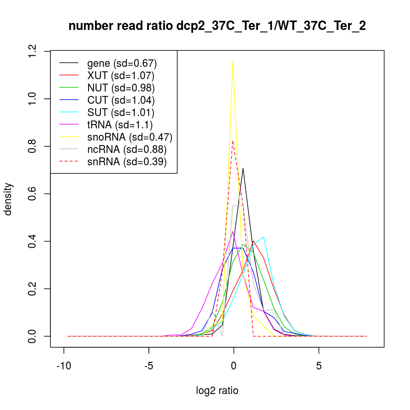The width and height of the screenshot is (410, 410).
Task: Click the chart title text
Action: click(x=217, y=26)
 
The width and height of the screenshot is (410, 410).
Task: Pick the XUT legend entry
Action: click(x=121, y=75)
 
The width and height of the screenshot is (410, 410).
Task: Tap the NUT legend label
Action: click(x=121, y=88)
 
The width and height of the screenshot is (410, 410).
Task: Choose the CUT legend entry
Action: click(x=121, y=100)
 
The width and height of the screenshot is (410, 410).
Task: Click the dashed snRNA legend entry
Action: click(x=127, y=162)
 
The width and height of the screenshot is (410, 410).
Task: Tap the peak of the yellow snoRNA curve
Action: click(x=233, y=61)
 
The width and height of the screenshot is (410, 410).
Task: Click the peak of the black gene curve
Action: click(x=243, y=168)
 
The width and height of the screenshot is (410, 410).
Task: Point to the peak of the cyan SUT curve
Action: click(x=264, y=237)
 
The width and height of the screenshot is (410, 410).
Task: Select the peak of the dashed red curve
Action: click(x=233, y=141)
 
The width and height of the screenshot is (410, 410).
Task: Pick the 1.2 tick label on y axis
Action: click(x=35, y=51)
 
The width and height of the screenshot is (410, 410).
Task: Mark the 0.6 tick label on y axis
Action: click(x=35, y=194)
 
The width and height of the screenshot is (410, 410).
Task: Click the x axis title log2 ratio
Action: click(x=217, y=391)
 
